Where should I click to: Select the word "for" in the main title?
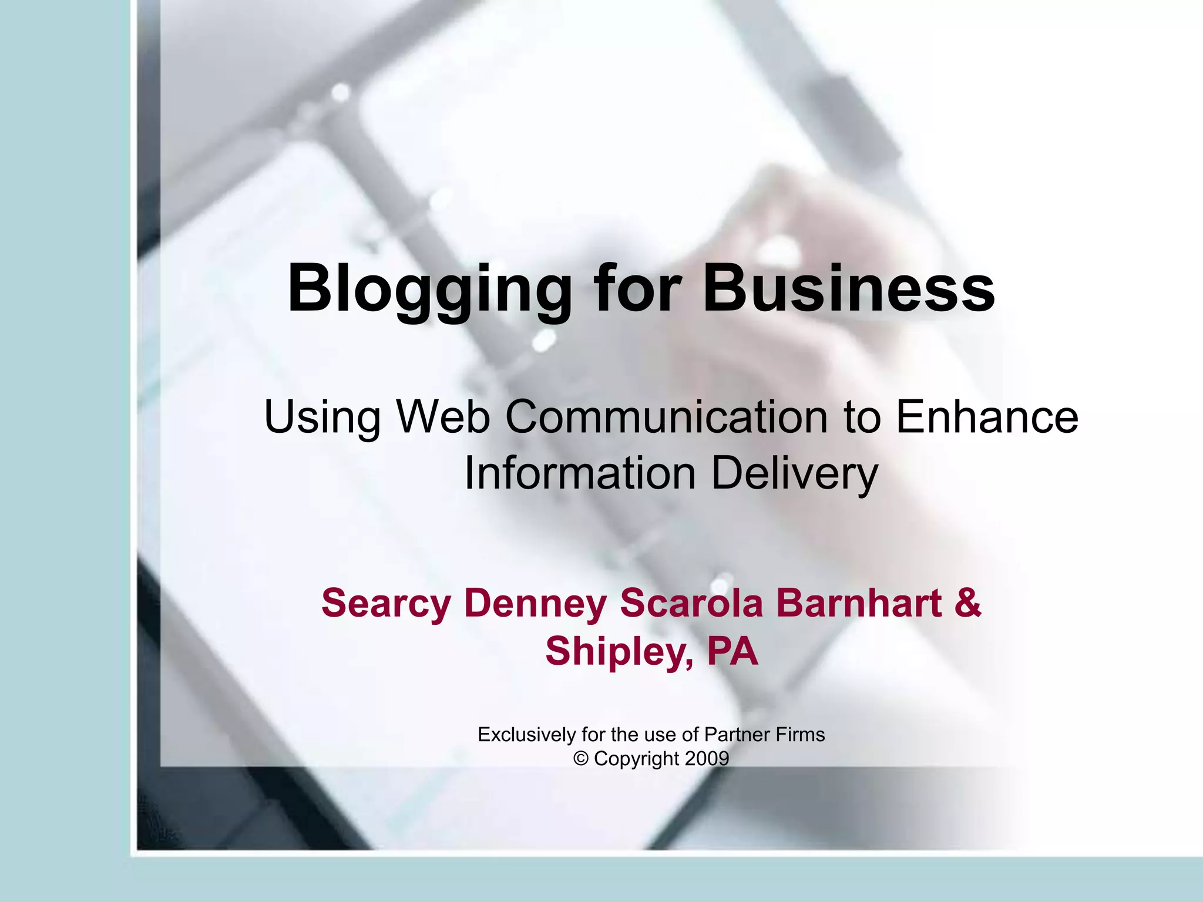(x=637, y=288)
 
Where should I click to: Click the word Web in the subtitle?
(x=443, y=416)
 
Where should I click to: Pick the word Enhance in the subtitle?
(x=987, y=416)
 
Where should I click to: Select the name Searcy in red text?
(x=386, y=604)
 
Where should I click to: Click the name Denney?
(x=535, y=604)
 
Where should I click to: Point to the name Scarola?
(x=691, y=603)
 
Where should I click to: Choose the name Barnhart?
(x=859, y=603)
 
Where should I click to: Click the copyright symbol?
(x=581, y=759)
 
